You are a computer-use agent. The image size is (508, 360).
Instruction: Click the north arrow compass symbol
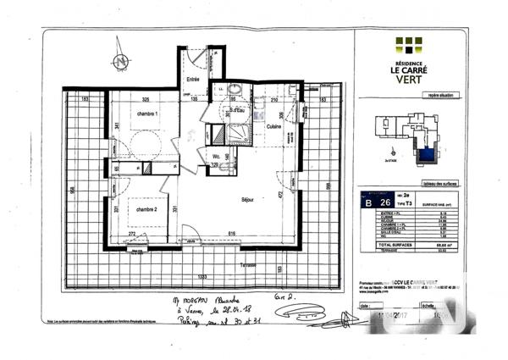point(121,62)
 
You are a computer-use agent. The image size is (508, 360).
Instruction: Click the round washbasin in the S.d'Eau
point(235,92)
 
